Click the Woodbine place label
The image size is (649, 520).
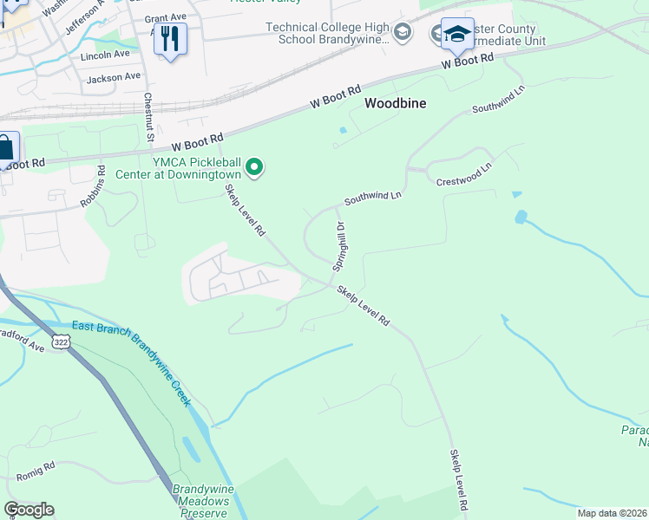pyautogui.click(x=395, y=102)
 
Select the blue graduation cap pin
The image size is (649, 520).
pyautogui.click(x=457, y=36)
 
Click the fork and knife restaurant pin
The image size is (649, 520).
pyautogui.click(x=170, y=38)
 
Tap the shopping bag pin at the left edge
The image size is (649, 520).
pyautogui.click(x=5, y=149)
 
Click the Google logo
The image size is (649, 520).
pyautogui.click(x=29, y=510)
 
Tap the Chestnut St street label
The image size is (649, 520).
pyautogui.click(x=148, y=118)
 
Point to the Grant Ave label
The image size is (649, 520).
pyautogui.click(x=167, y=17)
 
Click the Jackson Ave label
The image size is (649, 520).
pyautogui.click(x=113, y=77)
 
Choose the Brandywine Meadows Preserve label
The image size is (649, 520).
pyautogui.click(x=201, y=501)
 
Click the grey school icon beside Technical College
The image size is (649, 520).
pyautogui.click(x=401, y=33)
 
